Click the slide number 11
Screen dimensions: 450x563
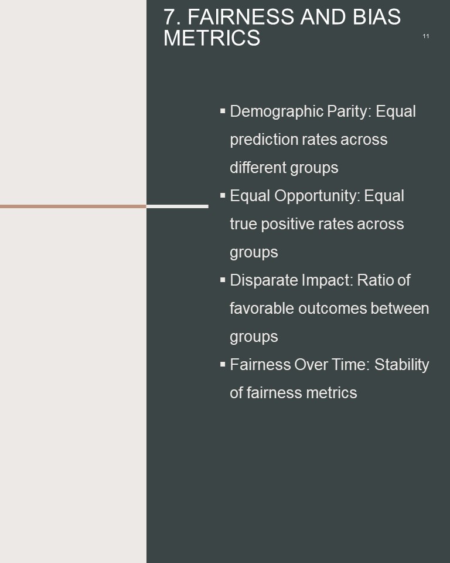pos(426,36)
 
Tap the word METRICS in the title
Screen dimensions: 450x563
pos(212,38)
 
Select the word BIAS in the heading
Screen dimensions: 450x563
pos(376,17)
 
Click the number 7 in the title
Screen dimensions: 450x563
pos(172,17)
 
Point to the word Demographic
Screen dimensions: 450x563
pos(277,111)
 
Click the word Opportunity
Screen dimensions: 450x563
pos(317,196)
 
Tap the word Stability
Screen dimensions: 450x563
pos(401,365)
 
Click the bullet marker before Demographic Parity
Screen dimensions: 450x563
pos(223,111)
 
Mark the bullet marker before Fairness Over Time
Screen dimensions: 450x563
pos(223,364)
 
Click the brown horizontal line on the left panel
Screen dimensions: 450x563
pos(73,206)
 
